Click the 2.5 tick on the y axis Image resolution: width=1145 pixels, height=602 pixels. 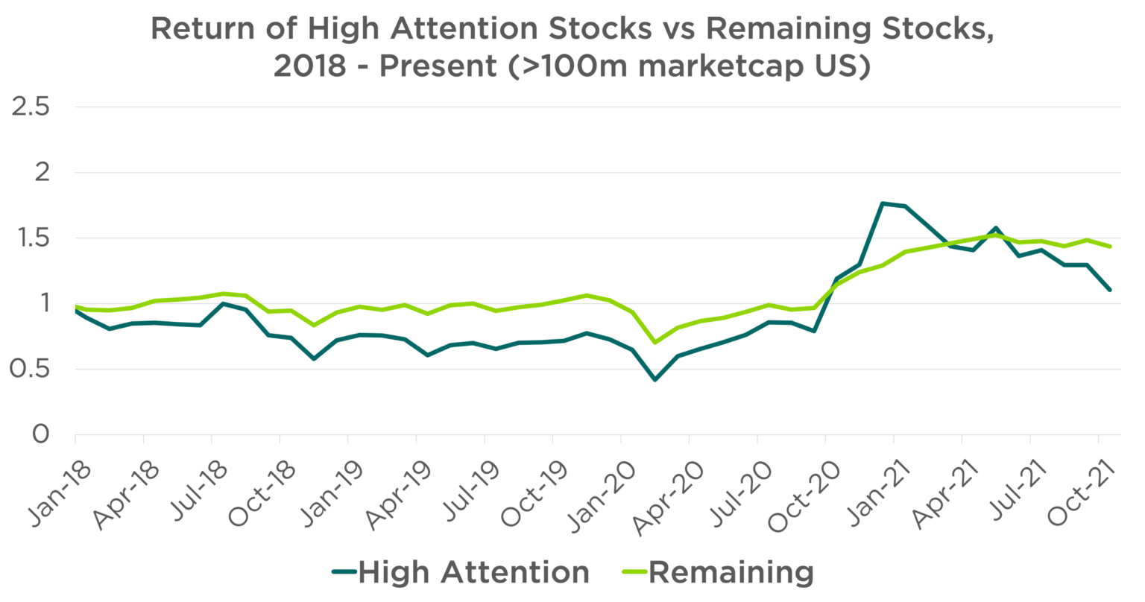point(31,107)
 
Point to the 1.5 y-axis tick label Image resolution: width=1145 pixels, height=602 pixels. point(31,238)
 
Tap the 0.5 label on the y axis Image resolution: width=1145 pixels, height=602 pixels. point(31,370)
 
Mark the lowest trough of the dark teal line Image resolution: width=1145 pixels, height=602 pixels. point(654,380)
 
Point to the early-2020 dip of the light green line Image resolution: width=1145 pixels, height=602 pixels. point(654,342)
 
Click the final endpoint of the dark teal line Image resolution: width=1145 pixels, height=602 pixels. point(1111,290)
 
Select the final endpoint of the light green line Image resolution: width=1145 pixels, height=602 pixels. point(1111,247)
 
